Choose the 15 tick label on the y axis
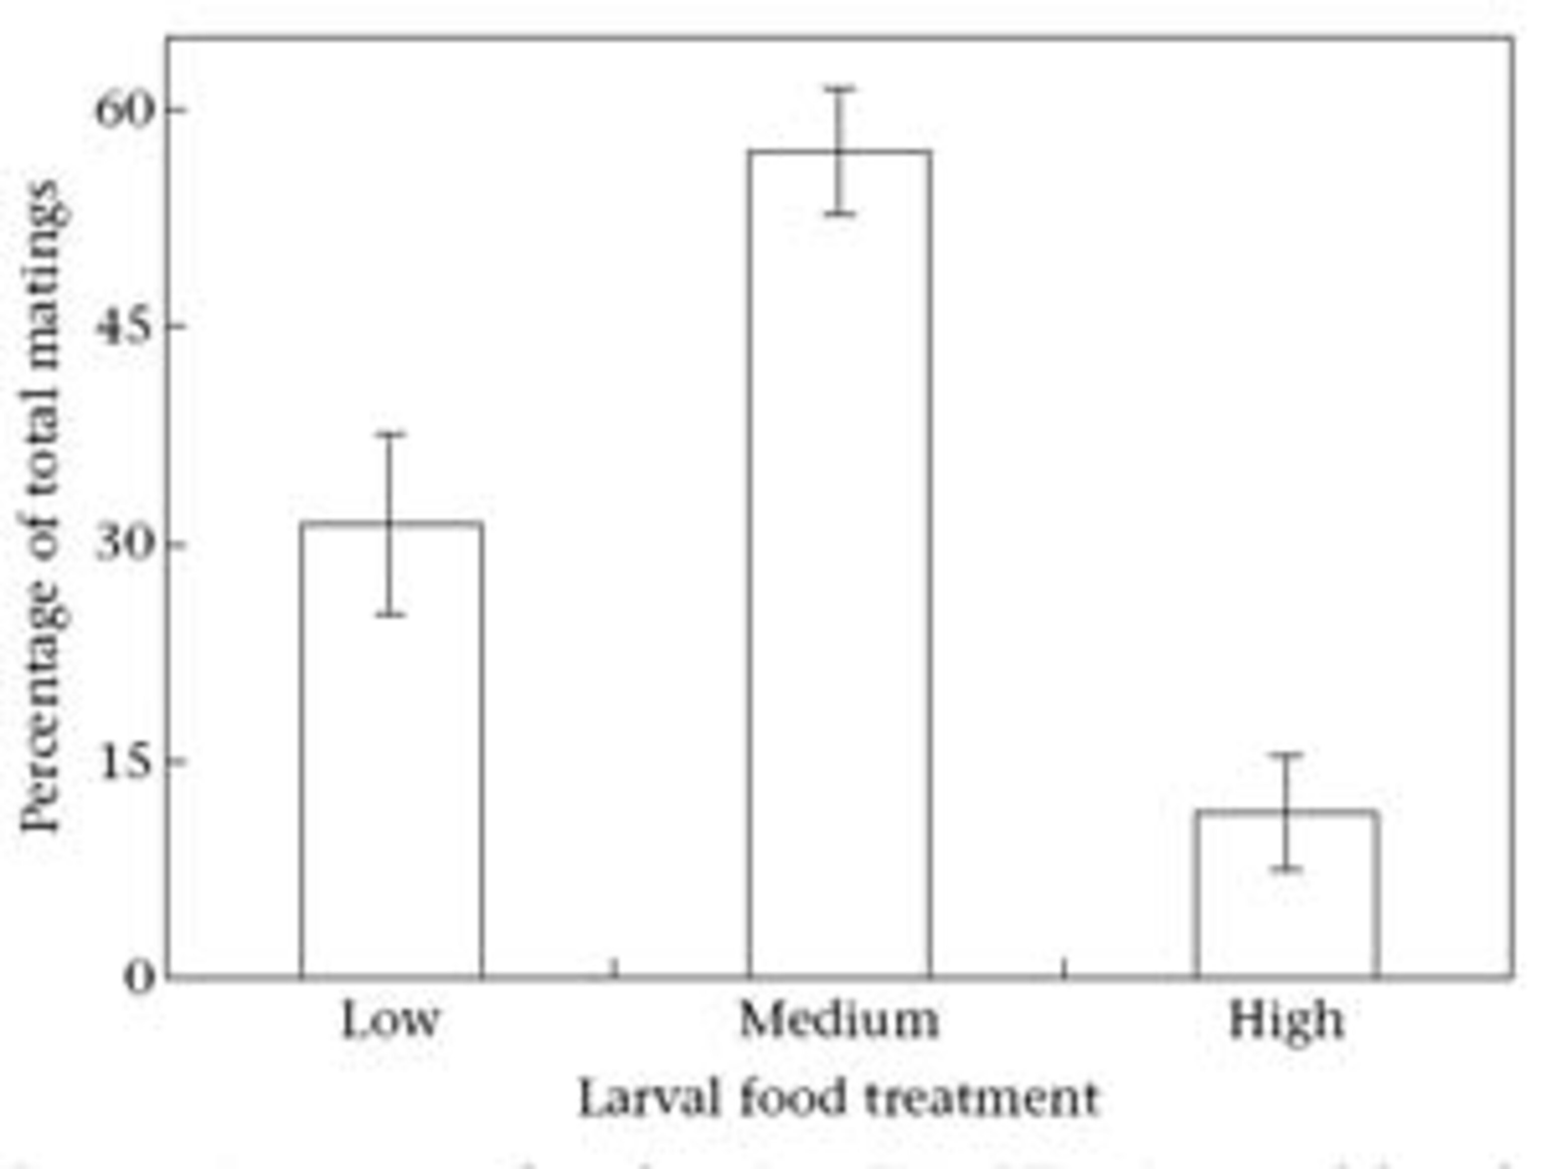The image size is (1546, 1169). click(124, 761)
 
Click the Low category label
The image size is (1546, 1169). click(390, 1022)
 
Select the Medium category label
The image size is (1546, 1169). click(839, 1022)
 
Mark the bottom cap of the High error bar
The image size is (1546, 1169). click(1286, 869)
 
